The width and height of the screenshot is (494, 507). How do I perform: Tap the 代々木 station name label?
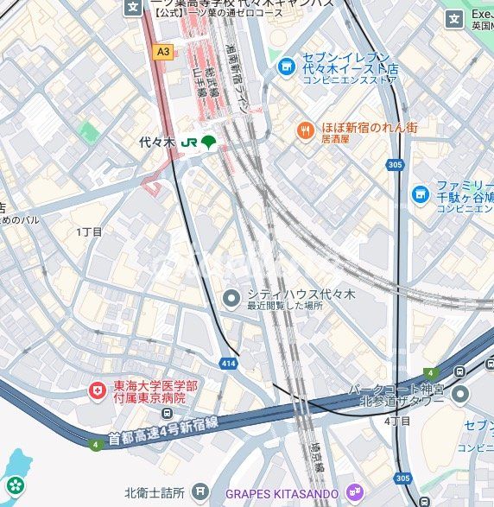156,142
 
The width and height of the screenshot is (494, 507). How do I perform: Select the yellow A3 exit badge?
162,51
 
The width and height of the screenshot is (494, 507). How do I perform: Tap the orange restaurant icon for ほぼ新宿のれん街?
304,130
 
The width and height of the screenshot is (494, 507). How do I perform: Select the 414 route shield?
229,363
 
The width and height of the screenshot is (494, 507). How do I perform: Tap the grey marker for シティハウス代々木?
231,299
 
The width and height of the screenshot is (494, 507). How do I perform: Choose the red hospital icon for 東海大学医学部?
96,391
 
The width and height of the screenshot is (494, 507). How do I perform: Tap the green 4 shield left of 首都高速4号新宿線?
94,445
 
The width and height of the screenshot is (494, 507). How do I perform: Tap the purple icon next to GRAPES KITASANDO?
352,493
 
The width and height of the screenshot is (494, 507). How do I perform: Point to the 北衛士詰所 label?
155,493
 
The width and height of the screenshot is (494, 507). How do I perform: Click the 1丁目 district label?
89,231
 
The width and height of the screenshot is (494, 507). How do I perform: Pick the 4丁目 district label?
396,421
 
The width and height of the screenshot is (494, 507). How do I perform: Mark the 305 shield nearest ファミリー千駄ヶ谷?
396,164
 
